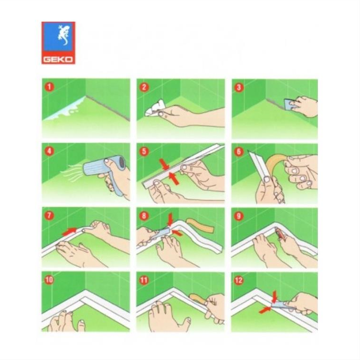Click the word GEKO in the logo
pos(58,60)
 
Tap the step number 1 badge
pos(49,87)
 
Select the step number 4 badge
pos(49,151)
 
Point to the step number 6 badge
pos(238,151)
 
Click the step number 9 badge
pos(238,216)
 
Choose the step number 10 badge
pos(49,280)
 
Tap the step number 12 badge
pos(238,280)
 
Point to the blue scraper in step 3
pos(290,105)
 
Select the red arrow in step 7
pos(69,231)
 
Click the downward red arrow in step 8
pos(170,220)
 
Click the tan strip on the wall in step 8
pos(200,225)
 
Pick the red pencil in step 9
pos(281,234)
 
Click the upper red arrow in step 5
pos(164,165)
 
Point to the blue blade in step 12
pos(280,305)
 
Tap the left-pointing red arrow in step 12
pos(265,310)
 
